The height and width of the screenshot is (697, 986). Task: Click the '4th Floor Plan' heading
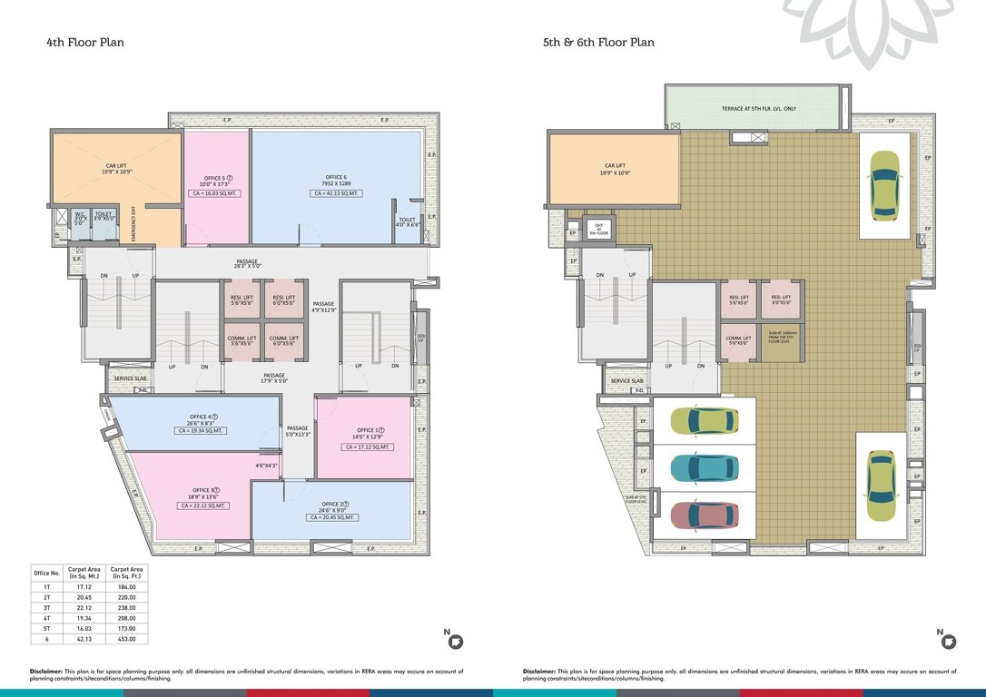coord(84,42)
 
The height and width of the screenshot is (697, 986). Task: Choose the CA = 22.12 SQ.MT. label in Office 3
coord(202,506)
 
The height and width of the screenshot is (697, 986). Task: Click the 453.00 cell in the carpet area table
coord(128,639)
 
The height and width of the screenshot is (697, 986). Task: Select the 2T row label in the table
coord(46,599)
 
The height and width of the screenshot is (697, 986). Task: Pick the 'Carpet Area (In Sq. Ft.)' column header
coord(128,573)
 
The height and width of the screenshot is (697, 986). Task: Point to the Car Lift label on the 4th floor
coord(116,169)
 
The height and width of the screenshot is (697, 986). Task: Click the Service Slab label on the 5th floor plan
coord(626,381)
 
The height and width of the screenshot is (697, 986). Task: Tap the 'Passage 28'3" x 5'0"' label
coord(248,263)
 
